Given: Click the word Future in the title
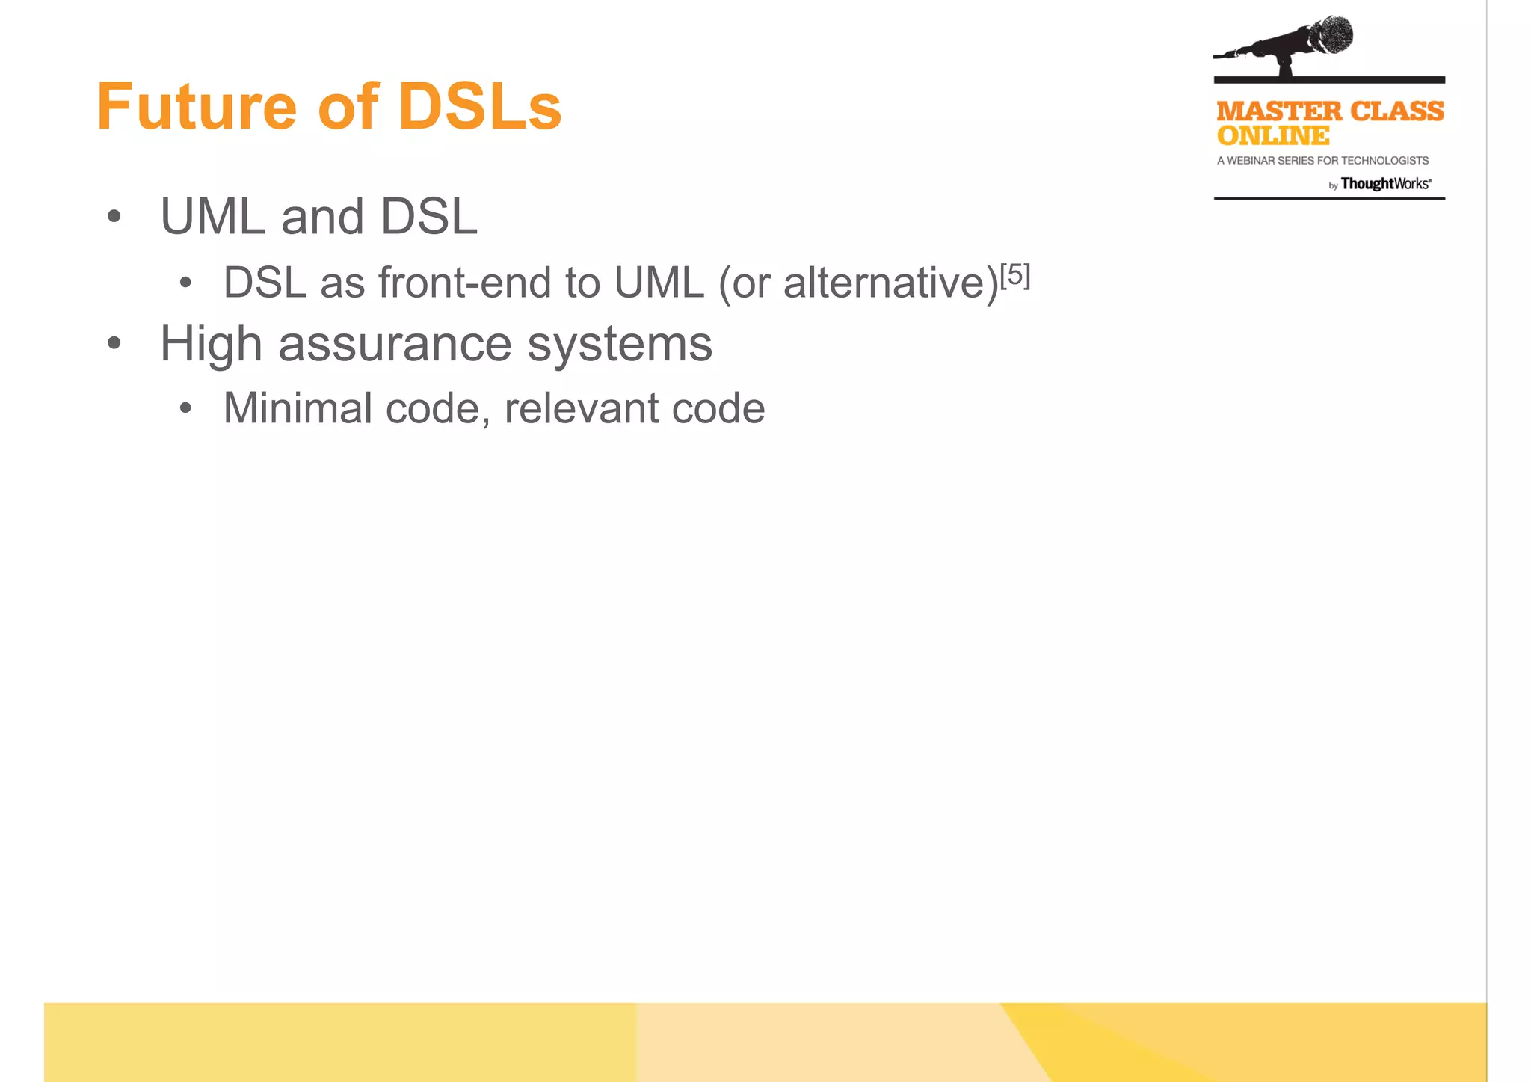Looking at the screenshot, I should tap(197, 106).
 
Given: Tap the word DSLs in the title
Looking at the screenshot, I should tap(479, 106).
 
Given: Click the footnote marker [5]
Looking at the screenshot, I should tap(1015, 275).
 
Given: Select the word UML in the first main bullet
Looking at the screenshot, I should tap(213, 217).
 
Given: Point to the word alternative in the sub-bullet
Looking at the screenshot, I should tap(890, 283).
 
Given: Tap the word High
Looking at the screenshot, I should tap(211, 344).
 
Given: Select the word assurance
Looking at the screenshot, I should tap(395, 344).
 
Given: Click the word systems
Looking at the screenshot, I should tap(620, 344).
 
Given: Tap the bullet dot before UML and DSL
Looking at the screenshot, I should tap(114, 217).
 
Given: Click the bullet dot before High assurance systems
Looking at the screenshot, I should tap(114, 344).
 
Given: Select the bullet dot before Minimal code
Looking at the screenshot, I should tap(185, 409).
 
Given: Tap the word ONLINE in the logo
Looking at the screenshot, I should tap(1273, 136).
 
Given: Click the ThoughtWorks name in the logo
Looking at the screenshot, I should tap(1385, 184).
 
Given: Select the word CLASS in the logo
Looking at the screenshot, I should tap(1397, 111).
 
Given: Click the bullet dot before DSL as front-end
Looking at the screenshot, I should tap(185, 283).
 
